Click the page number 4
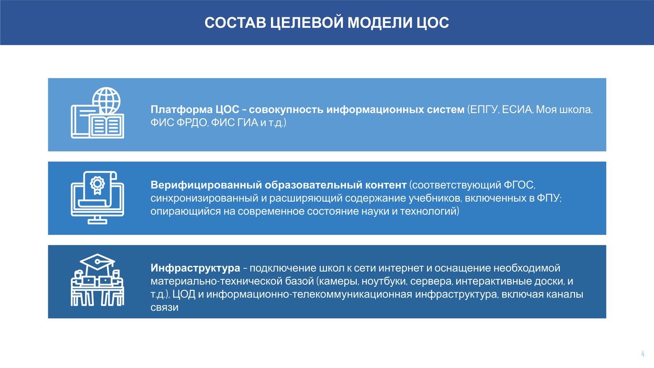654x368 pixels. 643,354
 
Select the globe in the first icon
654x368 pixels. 106,100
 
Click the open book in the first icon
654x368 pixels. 106,126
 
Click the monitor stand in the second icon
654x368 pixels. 97,220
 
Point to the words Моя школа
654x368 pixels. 564,110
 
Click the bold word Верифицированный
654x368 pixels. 206,185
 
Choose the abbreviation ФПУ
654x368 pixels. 548,198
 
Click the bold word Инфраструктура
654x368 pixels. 195,268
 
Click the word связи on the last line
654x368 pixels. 164,308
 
